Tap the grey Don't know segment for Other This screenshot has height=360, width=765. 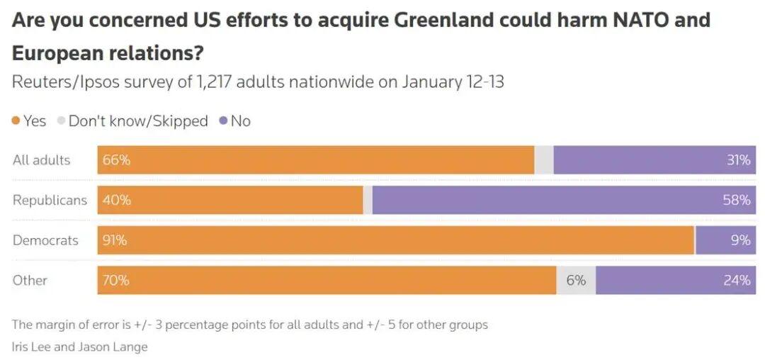click(x=576, y=281)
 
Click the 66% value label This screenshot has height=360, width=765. click(x=116, y=160)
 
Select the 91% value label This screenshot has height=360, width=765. click(x=115, y=240)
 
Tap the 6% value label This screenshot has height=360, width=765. click(x=576, y=281)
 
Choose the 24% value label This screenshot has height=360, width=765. click(x=737, y=281)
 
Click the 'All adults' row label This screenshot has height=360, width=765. click(x=42, y=160)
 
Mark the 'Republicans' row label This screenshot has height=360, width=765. click(x=50, y=201)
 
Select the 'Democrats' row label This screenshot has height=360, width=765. click(x=45, y=240)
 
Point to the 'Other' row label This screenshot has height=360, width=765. click(x=30, y=281)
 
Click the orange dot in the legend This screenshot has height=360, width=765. click(x=16, y=121)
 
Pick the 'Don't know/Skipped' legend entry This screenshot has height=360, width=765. click(x=137, y=121)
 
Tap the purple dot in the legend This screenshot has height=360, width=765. click(x=223, y=121)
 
